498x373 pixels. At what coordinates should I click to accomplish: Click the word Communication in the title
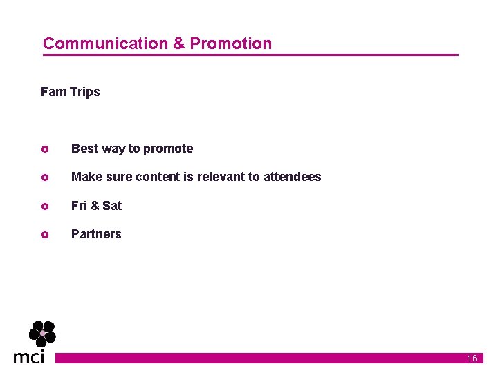coord(105,44)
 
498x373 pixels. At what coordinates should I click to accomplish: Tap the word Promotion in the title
coord(231,44)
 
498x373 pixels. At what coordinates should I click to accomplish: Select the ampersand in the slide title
coord(178,44)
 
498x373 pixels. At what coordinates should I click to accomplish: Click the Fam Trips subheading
coord(71,92)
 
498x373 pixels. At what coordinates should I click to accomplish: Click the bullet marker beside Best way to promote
coord(44,149)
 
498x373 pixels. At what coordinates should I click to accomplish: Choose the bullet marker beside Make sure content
coord(44,178)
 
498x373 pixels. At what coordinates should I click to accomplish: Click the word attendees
coord(293,177)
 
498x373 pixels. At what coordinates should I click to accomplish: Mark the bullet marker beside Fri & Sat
coord(44,206)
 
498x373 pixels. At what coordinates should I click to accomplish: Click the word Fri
coord(79,206)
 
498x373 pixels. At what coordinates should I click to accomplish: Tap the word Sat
coord(112,206)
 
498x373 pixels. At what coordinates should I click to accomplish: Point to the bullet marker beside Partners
coord(44,235)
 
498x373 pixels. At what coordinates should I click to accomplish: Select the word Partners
coord(96,234)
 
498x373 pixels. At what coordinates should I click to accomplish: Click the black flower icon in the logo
coord(42,334)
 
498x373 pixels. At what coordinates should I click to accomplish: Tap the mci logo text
coord(29,356)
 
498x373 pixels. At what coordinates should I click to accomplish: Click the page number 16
coord(472,358)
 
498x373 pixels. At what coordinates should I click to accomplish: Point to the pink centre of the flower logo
coord(42,334)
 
